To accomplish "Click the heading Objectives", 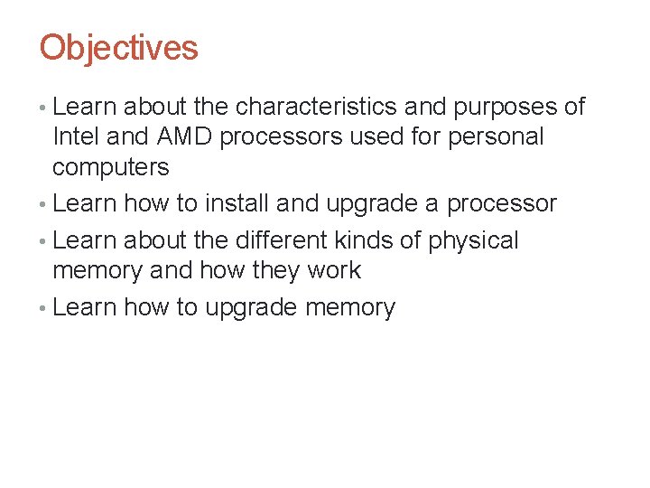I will (118, 48).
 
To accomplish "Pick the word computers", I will (110, 167).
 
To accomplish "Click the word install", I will (237, 203).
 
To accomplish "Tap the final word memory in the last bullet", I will (350, 308).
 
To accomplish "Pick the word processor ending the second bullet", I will (503, 204).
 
